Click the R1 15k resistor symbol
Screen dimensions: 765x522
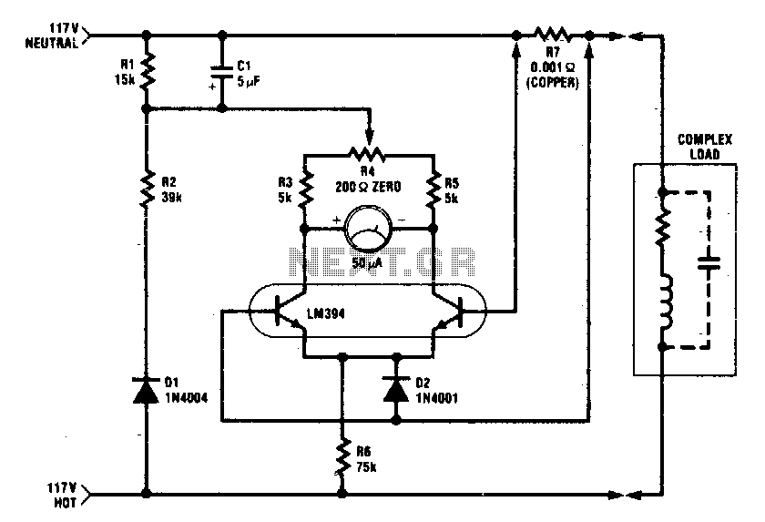point(147,71)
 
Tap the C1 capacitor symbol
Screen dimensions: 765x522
point(221,72)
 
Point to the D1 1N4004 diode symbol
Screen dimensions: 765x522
point(147,390)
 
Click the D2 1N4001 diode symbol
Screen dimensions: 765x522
point(396,388)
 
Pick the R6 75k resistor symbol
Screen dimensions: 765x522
point(342,457)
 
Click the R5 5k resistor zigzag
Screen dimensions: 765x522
point(433,189)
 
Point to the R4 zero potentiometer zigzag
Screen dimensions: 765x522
point(368,155)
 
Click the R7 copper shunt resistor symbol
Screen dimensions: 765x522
point(553,36)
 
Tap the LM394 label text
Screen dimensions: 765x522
point(325,313)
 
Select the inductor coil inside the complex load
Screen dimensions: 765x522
point(666,302)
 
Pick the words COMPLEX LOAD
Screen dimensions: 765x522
point(705,147)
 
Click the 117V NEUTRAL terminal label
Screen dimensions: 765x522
point(52,36)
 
